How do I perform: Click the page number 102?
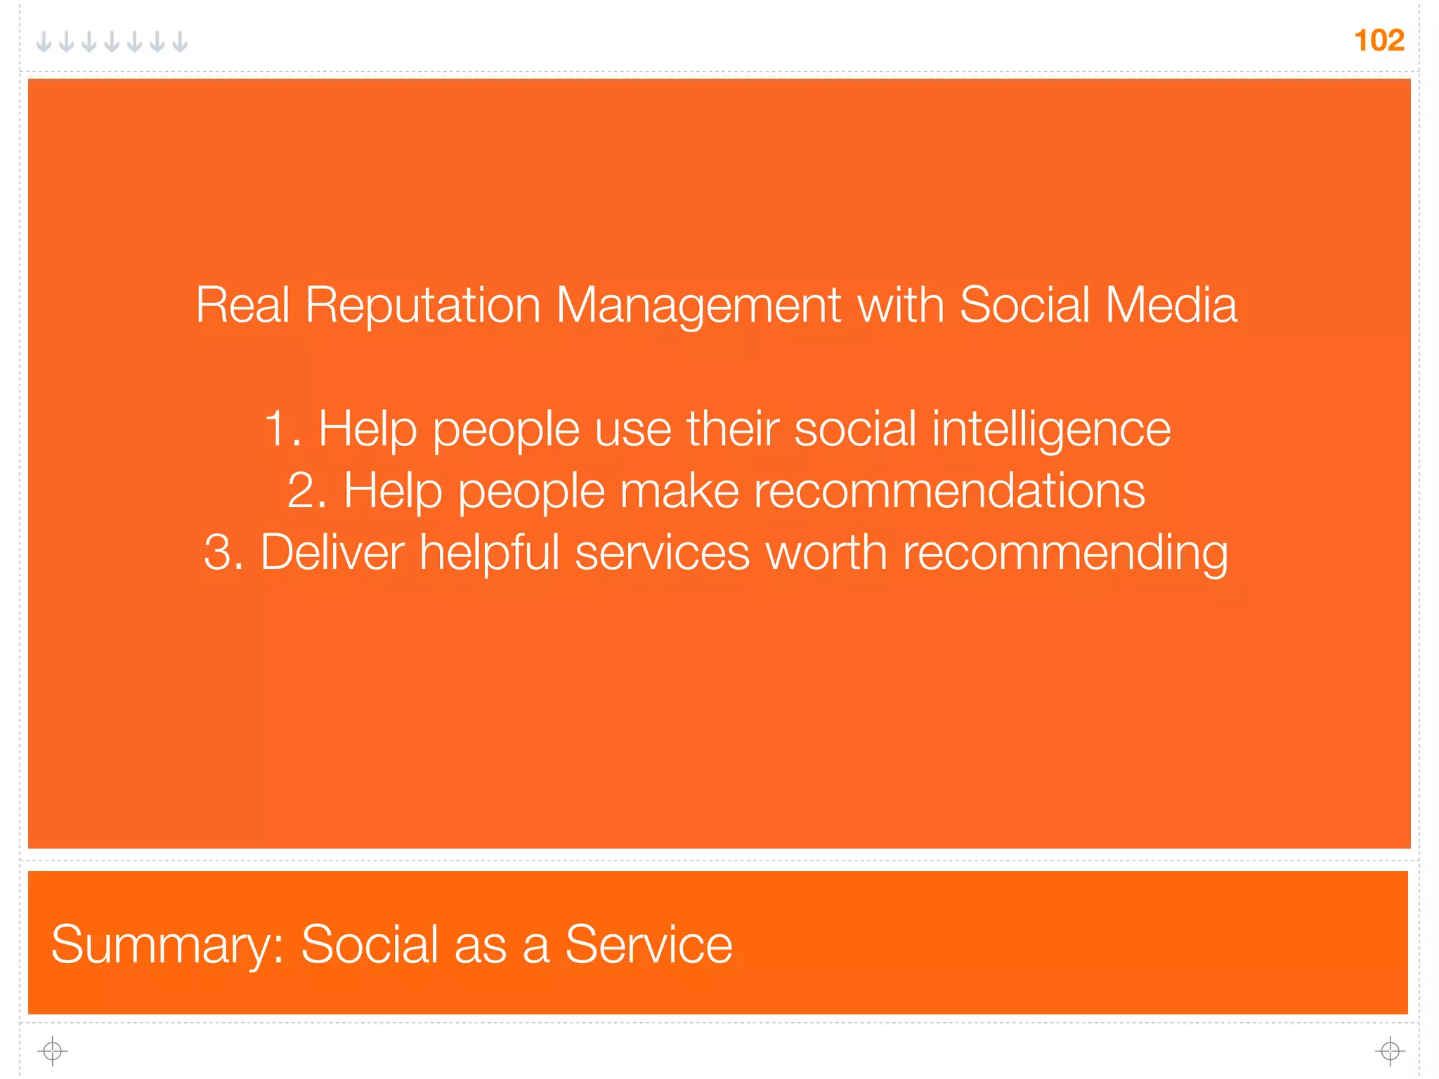coord(1379,41)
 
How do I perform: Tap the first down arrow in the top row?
coord(44,42)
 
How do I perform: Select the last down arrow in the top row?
coord(181,42)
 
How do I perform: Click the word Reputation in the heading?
coord(422,306)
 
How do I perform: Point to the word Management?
coord(698,306)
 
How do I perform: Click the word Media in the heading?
coord(1171,306)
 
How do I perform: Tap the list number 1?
coord(281,429)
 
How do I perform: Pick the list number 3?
coord(223,552)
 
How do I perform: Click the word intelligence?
coord(1051,429)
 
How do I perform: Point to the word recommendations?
coord(949,490)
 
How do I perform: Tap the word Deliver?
coord(332,552)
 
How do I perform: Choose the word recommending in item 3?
coord(1065,552)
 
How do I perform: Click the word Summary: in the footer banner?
coord(167,945)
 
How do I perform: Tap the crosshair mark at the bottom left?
coord(52,1051)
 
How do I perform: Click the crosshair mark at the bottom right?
coord(1390,1051)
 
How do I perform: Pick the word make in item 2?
coord(679,490)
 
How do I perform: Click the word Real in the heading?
coord(242,306)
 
